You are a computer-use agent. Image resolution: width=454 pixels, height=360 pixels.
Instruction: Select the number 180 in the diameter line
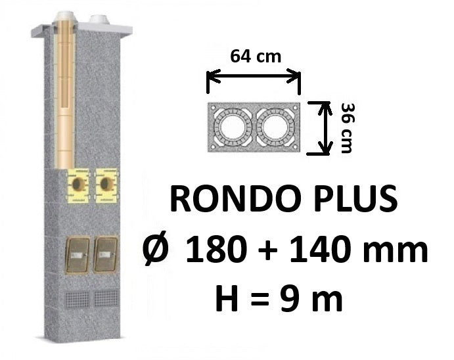tap(217, 250)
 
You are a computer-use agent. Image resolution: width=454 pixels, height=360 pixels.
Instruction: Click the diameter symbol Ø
tap(156, 250)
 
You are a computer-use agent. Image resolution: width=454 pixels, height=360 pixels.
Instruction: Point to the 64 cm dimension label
tap(256, 56)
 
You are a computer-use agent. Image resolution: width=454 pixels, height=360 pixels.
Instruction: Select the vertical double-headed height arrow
tap(325, 128)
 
